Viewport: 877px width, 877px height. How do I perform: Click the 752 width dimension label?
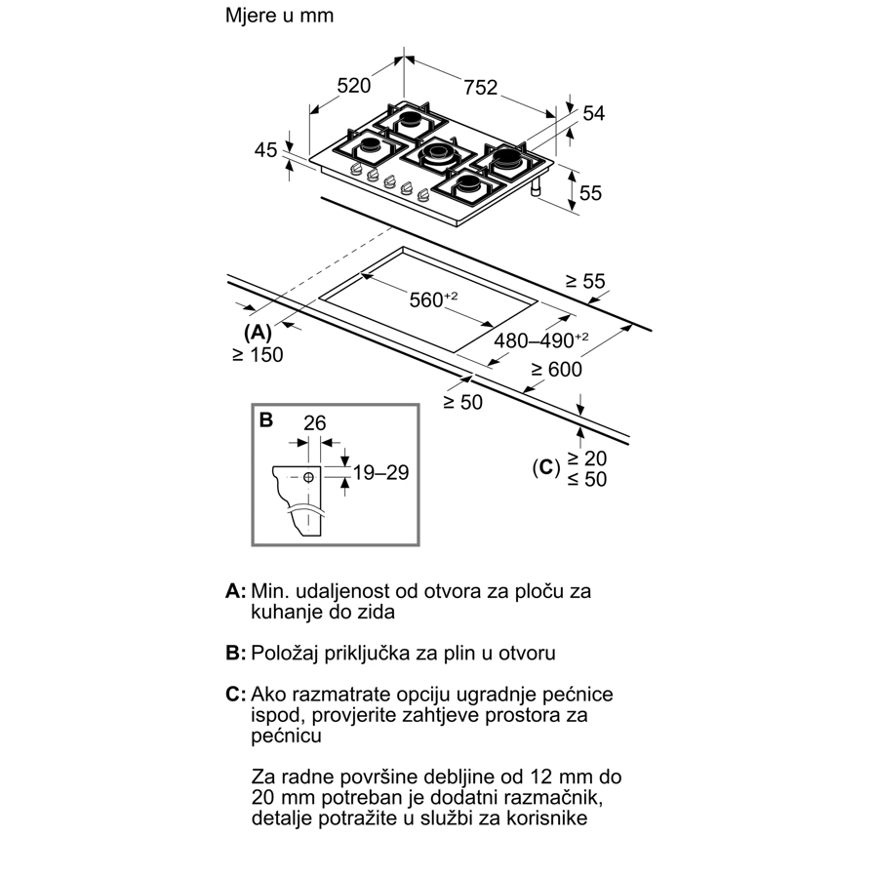(x=481, y=87)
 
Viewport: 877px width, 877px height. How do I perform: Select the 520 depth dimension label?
(x=354, y=86)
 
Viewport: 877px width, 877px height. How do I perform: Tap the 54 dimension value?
(x=593, y=113)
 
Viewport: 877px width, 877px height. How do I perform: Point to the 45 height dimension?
(x=265, y=150)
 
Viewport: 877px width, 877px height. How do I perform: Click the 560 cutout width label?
(x=433, y=299)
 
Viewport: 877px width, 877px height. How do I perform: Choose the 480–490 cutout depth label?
(x=540, y=339)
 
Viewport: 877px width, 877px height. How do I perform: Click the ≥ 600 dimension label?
(x=556, y=369)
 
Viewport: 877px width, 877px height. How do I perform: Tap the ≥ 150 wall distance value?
(x=258, y=354)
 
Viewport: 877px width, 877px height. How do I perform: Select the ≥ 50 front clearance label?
(x=462, y=402)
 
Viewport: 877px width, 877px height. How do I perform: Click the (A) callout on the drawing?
(x=258, y=333)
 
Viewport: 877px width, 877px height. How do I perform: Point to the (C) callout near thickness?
(x=546, y=467)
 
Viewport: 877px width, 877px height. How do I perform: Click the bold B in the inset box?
(x=266, y=420)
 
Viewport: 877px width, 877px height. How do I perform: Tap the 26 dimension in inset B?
(x=315, y=422)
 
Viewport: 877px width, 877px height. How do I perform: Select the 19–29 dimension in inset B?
(x=380, y=472)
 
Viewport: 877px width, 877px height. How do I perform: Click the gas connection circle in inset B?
(x=308, y=477)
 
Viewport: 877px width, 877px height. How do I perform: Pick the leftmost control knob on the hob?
(x=356, y=171)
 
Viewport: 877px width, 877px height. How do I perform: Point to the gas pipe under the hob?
(x=536, y=188)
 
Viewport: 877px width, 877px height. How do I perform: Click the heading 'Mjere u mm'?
(x=279, y=15)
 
